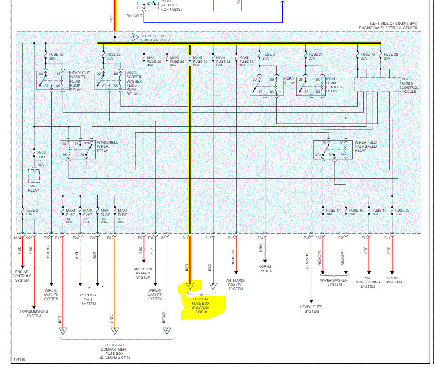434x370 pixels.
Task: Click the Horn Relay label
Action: [x=289, y=81]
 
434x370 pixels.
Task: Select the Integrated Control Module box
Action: [x=377, y=85]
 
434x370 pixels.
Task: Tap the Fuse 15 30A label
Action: [x=55, y=57]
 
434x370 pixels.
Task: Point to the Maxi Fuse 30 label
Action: [x=200, y=61]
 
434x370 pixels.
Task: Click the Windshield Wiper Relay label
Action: [x=108, y=146]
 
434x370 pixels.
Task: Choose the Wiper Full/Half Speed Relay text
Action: [x=366, y=146]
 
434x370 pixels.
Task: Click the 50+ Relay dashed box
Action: [x=34, y=175]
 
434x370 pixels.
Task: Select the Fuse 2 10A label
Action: [x=31, y=212]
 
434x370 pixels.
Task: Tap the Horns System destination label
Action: [x=265, y=269]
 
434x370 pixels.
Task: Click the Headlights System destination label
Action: [x=311, y=309]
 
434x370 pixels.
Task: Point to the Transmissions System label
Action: [x=34, y=313]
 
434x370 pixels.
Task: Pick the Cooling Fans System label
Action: [x=88, y=299]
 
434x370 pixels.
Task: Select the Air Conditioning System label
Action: [x=368, y=282]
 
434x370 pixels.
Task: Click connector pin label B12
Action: [x=110, y=238]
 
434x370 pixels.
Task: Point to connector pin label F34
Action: [x=261, y=238]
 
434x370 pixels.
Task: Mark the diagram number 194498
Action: [x=19, y=359]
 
